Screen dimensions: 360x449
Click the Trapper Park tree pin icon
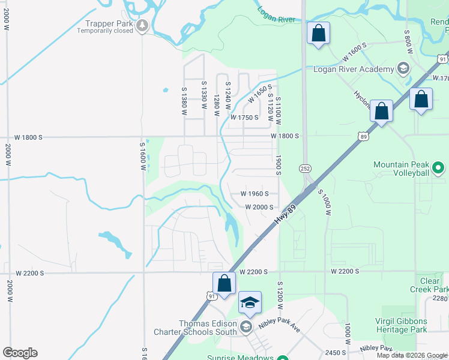tap(142, 25)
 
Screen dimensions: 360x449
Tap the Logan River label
tap(276, 14)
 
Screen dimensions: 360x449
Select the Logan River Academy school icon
tap(404, 68)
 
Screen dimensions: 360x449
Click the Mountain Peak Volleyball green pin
tap(438, 168)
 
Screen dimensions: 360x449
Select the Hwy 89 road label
tap(286, 214)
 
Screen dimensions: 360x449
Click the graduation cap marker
tap(250, 302)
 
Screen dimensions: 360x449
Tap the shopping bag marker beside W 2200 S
tap(224, 283)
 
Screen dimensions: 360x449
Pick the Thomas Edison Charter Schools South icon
tap(245, 327)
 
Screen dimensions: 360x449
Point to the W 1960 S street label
tap(259, 194)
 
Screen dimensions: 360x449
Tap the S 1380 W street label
tap(184, 101)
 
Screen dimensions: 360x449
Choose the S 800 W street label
tap(407, 42)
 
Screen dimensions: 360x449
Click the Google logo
tap(20, 353)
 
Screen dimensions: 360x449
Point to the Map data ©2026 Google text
tap(411, 355)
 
